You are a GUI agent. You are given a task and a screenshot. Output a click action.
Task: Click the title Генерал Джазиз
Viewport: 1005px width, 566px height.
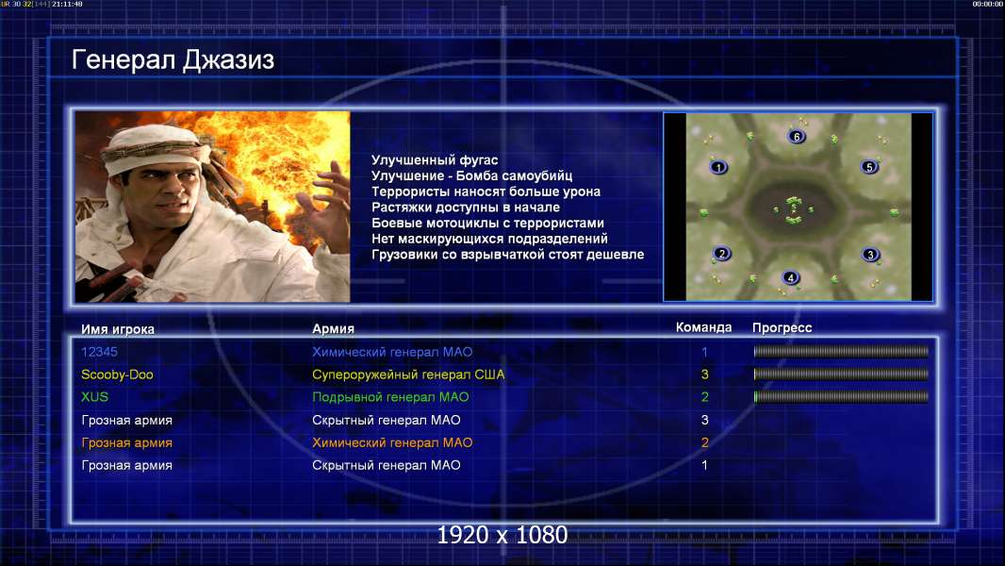click(x=173, y=60)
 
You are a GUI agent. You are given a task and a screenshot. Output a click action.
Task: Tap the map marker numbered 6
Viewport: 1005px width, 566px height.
click(x=797, y=137)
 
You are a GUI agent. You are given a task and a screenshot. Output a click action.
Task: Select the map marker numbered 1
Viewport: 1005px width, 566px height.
click(x=718, y=167)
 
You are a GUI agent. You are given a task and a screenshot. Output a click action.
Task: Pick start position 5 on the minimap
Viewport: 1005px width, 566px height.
click(x=869, y=167)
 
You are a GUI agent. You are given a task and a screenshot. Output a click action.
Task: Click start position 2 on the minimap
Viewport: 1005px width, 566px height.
click(x=722, y=254)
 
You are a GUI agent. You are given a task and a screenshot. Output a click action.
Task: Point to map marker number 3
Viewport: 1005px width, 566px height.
click(x=870, y=255)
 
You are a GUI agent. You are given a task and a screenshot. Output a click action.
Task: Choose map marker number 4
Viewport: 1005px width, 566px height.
click(x=790, y=277)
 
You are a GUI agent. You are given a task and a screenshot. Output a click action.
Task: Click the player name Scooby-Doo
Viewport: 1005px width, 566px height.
click(x=117, y=375)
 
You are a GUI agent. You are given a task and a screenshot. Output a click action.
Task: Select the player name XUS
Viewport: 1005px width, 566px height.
click(x=95, y=397)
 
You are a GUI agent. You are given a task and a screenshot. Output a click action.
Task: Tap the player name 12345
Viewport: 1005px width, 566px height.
click(x=99, y=352)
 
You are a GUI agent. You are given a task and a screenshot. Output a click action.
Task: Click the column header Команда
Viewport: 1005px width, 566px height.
click(x=703, y=327)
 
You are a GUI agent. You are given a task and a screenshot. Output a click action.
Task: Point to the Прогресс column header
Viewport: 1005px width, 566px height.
click(x=782, y=328)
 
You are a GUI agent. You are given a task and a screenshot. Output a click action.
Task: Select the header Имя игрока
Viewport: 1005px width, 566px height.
click(x=118, y=329)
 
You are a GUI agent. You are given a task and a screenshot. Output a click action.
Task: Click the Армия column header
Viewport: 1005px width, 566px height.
click(x=334, y=329)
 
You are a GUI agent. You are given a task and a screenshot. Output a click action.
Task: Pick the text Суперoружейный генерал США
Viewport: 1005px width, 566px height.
click(x=408, y=375)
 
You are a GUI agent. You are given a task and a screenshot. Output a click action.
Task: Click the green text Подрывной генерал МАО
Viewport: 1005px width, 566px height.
click(x=390, y=397)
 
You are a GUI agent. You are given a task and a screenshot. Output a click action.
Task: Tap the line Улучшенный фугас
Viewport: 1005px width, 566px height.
click(x=435, y=160)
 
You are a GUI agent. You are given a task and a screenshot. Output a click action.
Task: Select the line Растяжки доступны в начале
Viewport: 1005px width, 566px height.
click(x=466, y=208)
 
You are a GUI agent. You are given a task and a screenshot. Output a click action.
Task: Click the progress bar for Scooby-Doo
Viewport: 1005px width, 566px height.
click(x=841, y=375)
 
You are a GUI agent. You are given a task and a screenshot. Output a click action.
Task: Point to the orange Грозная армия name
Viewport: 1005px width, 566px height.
click(x=127, y=443)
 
